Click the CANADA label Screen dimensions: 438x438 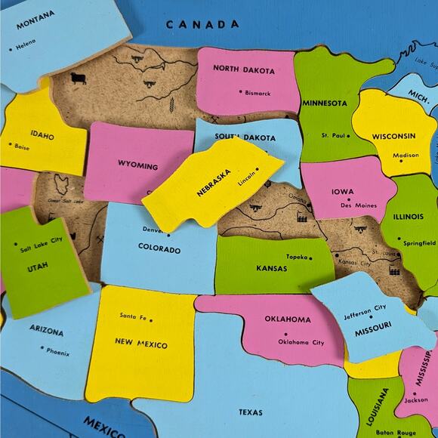point(202,24)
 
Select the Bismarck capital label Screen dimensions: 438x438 point(258,93)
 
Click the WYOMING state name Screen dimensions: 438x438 point(137,164)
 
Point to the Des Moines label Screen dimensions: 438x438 point(358,205)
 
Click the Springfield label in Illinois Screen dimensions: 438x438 point(419,243)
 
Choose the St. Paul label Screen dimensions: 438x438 point(333,135)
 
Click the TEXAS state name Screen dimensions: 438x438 point(251,412)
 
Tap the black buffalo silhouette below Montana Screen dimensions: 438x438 point(78,78)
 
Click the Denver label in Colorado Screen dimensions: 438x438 point(153,230)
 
